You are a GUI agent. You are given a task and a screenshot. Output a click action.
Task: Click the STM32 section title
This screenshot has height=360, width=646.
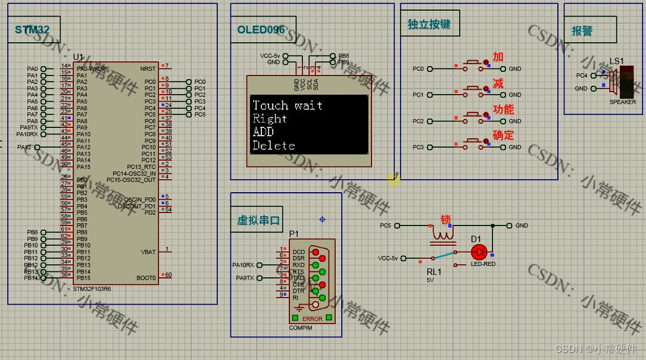pos(29,30)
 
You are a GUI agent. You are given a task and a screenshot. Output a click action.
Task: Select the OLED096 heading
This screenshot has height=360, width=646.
pos(260,30)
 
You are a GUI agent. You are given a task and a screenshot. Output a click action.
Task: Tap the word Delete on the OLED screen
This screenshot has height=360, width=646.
pos(274,146)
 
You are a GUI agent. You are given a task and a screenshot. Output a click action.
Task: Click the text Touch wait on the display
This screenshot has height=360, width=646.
pos(288,106)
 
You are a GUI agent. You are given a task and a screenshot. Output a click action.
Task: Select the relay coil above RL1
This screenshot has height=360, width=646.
pos(441,236)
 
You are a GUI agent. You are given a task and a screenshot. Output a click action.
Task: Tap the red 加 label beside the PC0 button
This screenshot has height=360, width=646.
pos(498,57)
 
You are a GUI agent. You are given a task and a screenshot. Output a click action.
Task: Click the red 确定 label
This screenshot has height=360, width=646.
pos(503,136)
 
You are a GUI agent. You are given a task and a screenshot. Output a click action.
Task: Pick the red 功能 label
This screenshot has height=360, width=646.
pos(503,109)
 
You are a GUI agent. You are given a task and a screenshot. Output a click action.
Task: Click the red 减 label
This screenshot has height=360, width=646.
pos(498,84)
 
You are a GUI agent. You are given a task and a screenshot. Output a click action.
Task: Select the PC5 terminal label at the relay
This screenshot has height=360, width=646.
pos(386,226)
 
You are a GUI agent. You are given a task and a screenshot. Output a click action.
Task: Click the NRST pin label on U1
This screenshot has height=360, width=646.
pos(148,69)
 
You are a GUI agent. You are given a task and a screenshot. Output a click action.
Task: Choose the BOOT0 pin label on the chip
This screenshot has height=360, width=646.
pos(146,278)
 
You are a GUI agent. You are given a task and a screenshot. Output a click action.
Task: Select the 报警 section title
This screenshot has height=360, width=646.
pos(582,32)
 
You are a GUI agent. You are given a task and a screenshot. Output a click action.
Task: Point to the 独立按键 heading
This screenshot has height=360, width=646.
pos(429,24)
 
